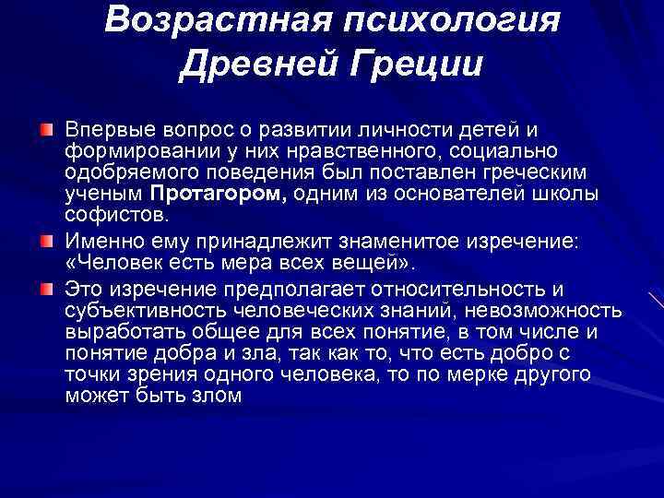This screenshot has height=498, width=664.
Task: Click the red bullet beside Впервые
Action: pyautogui.click(x=46, y=125)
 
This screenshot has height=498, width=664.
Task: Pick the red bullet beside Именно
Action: pyautogui.click(x=46, y=241)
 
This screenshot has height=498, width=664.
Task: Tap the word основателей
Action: pyautogui.click(x=472, y=194)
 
